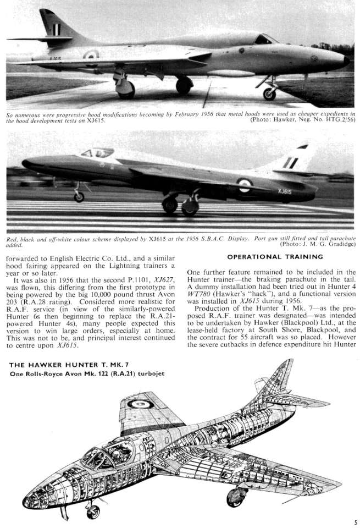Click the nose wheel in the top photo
[269, 94]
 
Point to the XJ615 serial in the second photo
[283, 191]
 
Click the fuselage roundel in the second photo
[244, 185]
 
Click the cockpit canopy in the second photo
[98, 152]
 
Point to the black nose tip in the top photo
[345, 60]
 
